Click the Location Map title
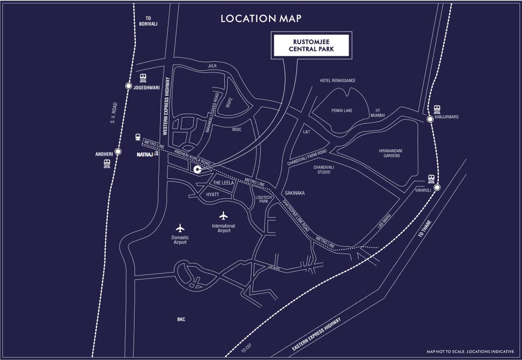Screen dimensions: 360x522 (261, 18)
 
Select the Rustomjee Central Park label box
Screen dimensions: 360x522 (311, 45)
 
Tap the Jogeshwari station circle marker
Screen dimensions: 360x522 (129, 86)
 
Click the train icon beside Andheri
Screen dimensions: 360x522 (107, 164)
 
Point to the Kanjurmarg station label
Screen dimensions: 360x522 (447, 117)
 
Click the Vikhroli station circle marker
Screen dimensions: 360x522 (437, 188)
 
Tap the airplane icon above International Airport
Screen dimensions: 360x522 (223, 215)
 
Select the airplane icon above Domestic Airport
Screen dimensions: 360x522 (180, 227)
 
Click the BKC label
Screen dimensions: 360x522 (181, 319)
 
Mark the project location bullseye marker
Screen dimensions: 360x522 (197, 170)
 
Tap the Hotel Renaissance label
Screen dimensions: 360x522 (337, 81)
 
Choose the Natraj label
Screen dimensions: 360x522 (145, 154)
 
